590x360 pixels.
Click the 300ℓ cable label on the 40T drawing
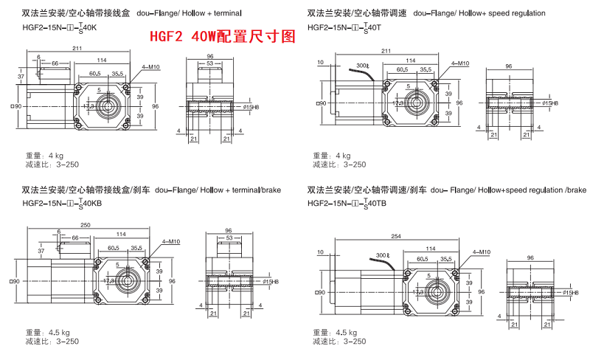361,66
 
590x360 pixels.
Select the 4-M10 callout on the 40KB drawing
169,242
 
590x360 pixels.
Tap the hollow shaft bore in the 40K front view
108,105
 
